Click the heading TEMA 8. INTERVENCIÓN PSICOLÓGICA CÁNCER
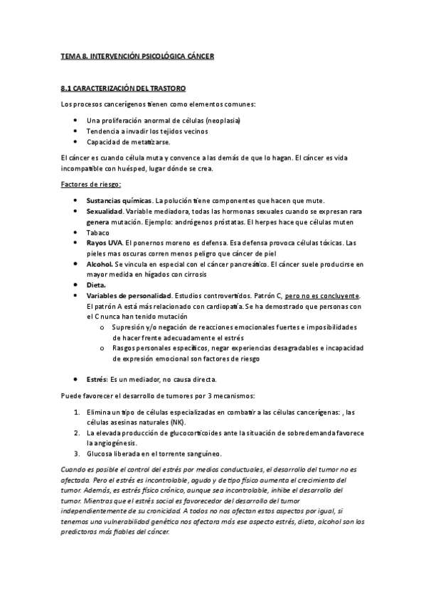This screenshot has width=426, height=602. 138,55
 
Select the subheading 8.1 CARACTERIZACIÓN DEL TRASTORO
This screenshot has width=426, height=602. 123,89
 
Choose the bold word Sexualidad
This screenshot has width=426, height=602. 105,212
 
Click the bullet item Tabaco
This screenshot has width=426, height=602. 97,233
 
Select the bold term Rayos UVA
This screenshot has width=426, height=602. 103,243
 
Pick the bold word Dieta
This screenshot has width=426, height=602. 96,285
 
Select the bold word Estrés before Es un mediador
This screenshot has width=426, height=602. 96,379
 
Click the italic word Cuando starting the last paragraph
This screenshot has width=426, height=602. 74,470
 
